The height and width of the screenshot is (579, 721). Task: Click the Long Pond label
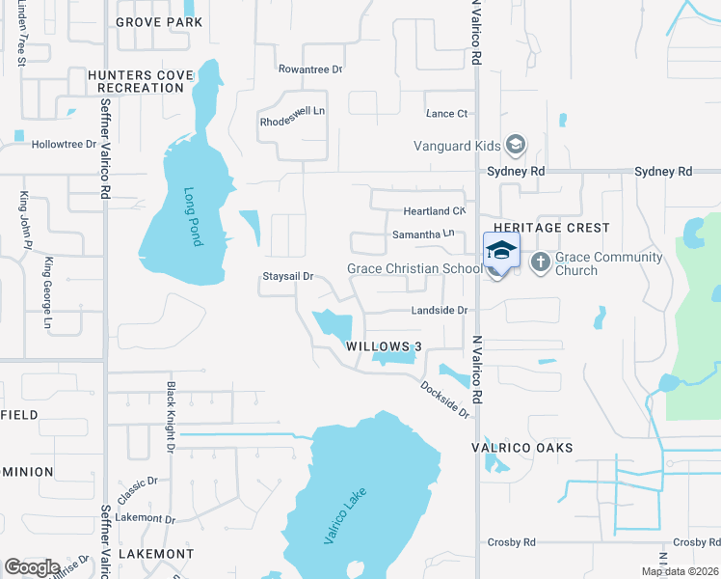point(192,216)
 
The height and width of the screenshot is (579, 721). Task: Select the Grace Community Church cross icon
point(541,261)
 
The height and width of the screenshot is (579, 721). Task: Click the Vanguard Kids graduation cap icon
point(517,146)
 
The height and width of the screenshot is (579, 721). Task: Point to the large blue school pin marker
point(500,253)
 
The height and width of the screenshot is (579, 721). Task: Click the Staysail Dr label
point(289,277)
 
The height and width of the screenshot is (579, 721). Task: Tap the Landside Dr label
point(440,311)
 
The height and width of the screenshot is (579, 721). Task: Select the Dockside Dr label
point(444,399)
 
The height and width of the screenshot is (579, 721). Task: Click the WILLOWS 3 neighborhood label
point(385,347)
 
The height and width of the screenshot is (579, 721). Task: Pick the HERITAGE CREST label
point(550,228)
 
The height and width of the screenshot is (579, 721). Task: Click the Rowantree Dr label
point(310,69)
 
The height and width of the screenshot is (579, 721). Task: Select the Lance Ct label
point(446,114)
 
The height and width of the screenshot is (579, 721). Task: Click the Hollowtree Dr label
point(65,145)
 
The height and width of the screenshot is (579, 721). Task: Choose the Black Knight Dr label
point(170,417)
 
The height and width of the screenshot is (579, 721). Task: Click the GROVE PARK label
point(159,21)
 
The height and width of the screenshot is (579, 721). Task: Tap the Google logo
point(32,567)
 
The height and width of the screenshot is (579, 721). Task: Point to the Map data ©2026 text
point(680,571)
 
